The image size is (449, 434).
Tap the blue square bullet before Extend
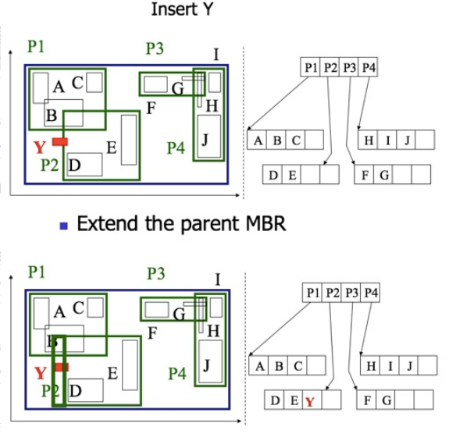click(65, 226)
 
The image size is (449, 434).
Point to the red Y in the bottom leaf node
click(310, 402)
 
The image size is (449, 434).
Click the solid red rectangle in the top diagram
click(60, 141)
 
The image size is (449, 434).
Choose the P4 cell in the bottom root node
click(370, 293)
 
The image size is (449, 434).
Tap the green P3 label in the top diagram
click(155, 49)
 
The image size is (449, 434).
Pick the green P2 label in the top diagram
click(49, 165)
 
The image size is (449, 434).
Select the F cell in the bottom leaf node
click(365, 401)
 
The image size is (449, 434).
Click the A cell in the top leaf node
click(256, 141)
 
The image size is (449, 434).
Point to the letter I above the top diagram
click(216, 54)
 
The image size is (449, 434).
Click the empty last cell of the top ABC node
click(314, 141)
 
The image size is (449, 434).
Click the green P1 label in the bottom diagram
click(36, 272)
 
